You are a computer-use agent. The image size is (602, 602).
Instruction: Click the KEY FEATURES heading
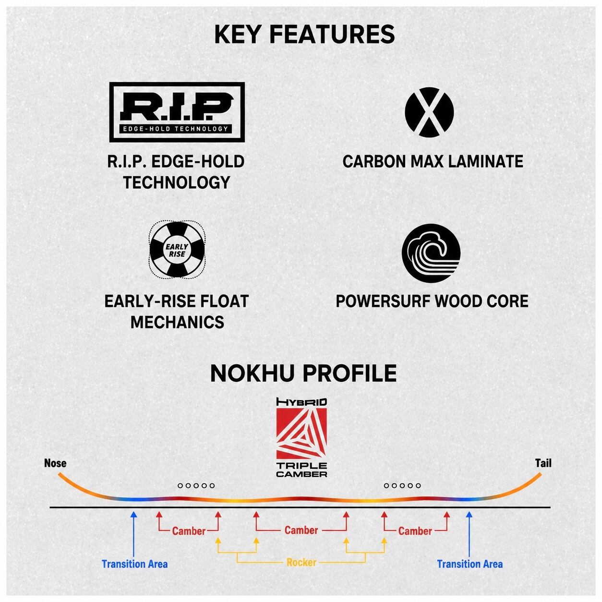pos(304,35)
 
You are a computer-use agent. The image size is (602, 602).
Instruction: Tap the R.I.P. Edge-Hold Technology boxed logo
pos(177,112)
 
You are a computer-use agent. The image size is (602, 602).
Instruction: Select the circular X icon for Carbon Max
pos(429,112)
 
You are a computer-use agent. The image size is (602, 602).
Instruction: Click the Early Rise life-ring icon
pos(177,250)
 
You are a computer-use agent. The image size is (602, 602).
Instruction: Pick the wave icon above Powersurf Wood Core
pos(431,253)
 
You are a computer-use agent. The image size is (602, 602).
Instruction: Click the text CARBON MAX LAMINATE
pos(433,161)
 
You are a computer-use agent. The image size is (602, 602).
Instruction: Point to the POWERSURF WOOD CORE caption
pos(432,301)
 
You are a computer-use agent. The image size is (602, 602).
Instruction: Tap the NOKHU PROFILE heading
pos(303,373)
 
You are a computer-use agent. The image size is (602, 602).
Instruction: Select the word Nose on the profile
pos(55,463)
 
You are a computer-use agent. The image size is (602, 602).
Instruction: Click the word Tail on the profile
pos(543,463)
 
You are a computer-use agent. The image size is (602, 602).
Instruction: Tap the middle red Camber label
pos(301,530)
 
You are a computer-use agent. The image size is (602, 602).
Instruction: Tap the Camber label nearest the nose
pos(189,531)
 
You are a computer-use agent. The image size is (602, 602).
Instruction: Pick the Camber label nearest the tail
pos(415,531)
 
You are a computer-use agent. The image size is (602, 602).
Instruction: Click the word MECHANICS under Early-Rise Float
pos(177,322)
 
